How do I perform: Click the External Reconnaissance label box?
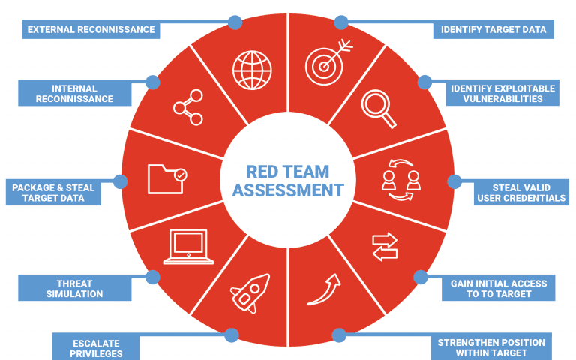91,30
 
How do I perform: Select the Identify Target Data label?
493,30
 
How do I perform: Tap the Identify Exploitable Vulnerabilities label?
502,94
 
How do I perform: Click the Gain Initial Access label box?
498,289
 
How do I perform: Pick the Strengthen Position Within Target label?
491,347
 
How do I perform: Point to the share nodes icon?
187,108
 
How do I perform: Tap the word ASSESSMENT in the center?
288,190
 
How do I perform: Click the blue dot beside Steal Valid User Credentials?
454,181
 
